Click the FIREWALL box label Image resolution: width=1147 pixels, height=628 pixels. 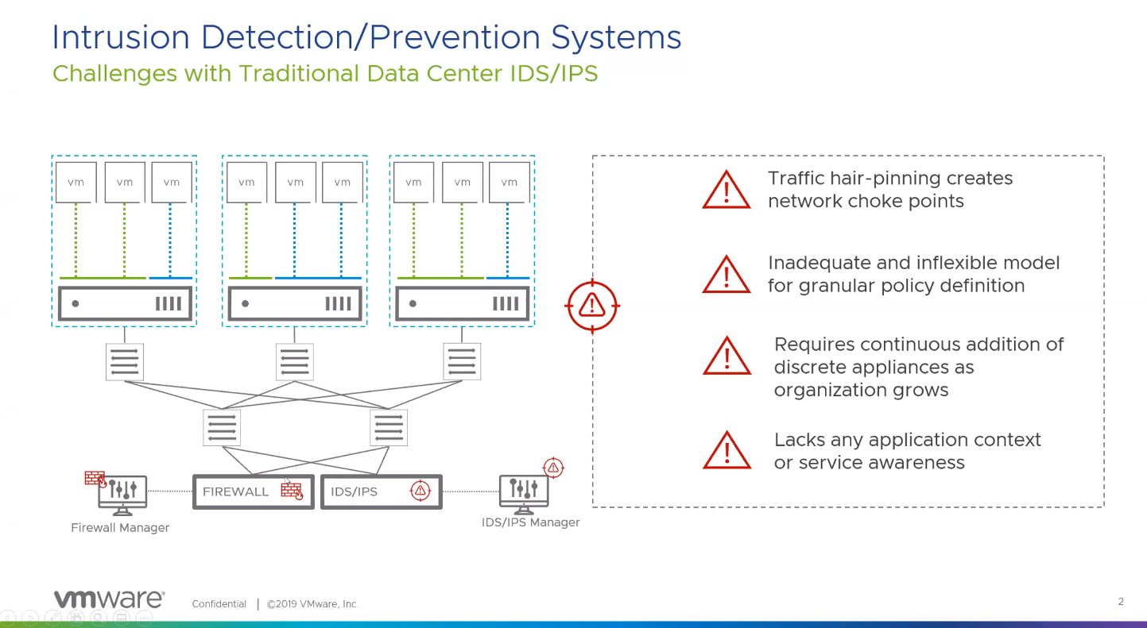(x=235, y=491)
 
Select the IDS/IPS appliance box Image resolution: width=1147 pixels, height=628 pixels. (x=381, y=491)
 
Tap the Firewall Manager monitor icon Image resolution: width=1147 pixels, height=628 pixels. (x=122, y=493)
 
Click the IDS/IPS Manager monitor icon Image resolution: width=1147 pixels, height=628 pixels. (x=523, y=493)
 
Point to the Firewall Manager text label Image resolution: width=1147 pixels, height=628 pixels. (x=120, y=527)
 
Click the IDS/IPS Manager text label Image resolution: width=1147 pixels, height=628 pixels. (x=530, y=522)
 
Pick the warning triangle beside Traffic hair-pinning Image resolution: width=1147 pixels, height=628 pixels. (x=727, y=191)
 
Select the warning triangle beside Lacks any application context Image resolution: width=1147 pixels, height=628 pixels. (x=727, y=451)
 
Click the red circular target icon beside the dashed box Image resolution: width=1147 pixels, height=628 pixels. (x=592, y=305)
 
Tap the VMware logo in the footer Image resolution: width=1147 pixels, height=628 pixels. (x=108, y=599)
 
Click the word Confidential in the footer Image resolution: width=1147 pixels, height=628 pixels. (x=219, y=604)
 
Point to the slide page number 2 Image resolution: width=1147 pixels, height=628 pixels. (x=1121, y=602)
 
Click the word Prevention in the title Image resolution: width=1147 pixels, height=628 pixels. (x=460, y=37)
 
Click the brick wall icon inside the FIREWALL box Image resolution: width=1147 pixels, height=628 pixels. (x=292, y=491)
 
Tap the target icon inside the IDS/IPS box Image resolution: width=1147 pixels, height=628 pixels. (x=420, y=491)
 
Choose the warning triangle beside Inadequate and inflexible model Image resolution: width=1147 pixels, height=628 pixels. (x=727, y=275)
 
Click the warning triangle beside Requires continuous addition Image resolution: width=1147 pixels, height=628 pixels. (x=727, y=356)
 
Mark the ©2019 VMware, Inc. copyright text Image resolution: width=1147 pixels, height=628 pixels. (x=313, y=604)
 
